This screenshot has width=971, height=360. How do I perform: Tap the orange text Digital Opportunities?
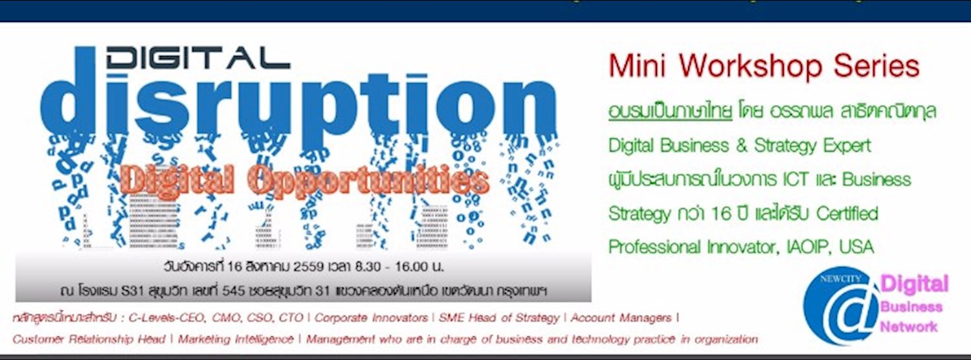click(x=304, y=182)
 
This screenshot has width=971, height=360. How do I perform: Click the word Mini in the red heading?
click(x=638, y=67)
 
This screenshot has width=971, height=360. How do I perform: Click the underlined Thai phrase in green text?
click(x=670, y=111)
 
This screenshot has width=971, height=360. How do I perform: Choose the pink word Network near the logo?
click(x=908, y=326)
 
